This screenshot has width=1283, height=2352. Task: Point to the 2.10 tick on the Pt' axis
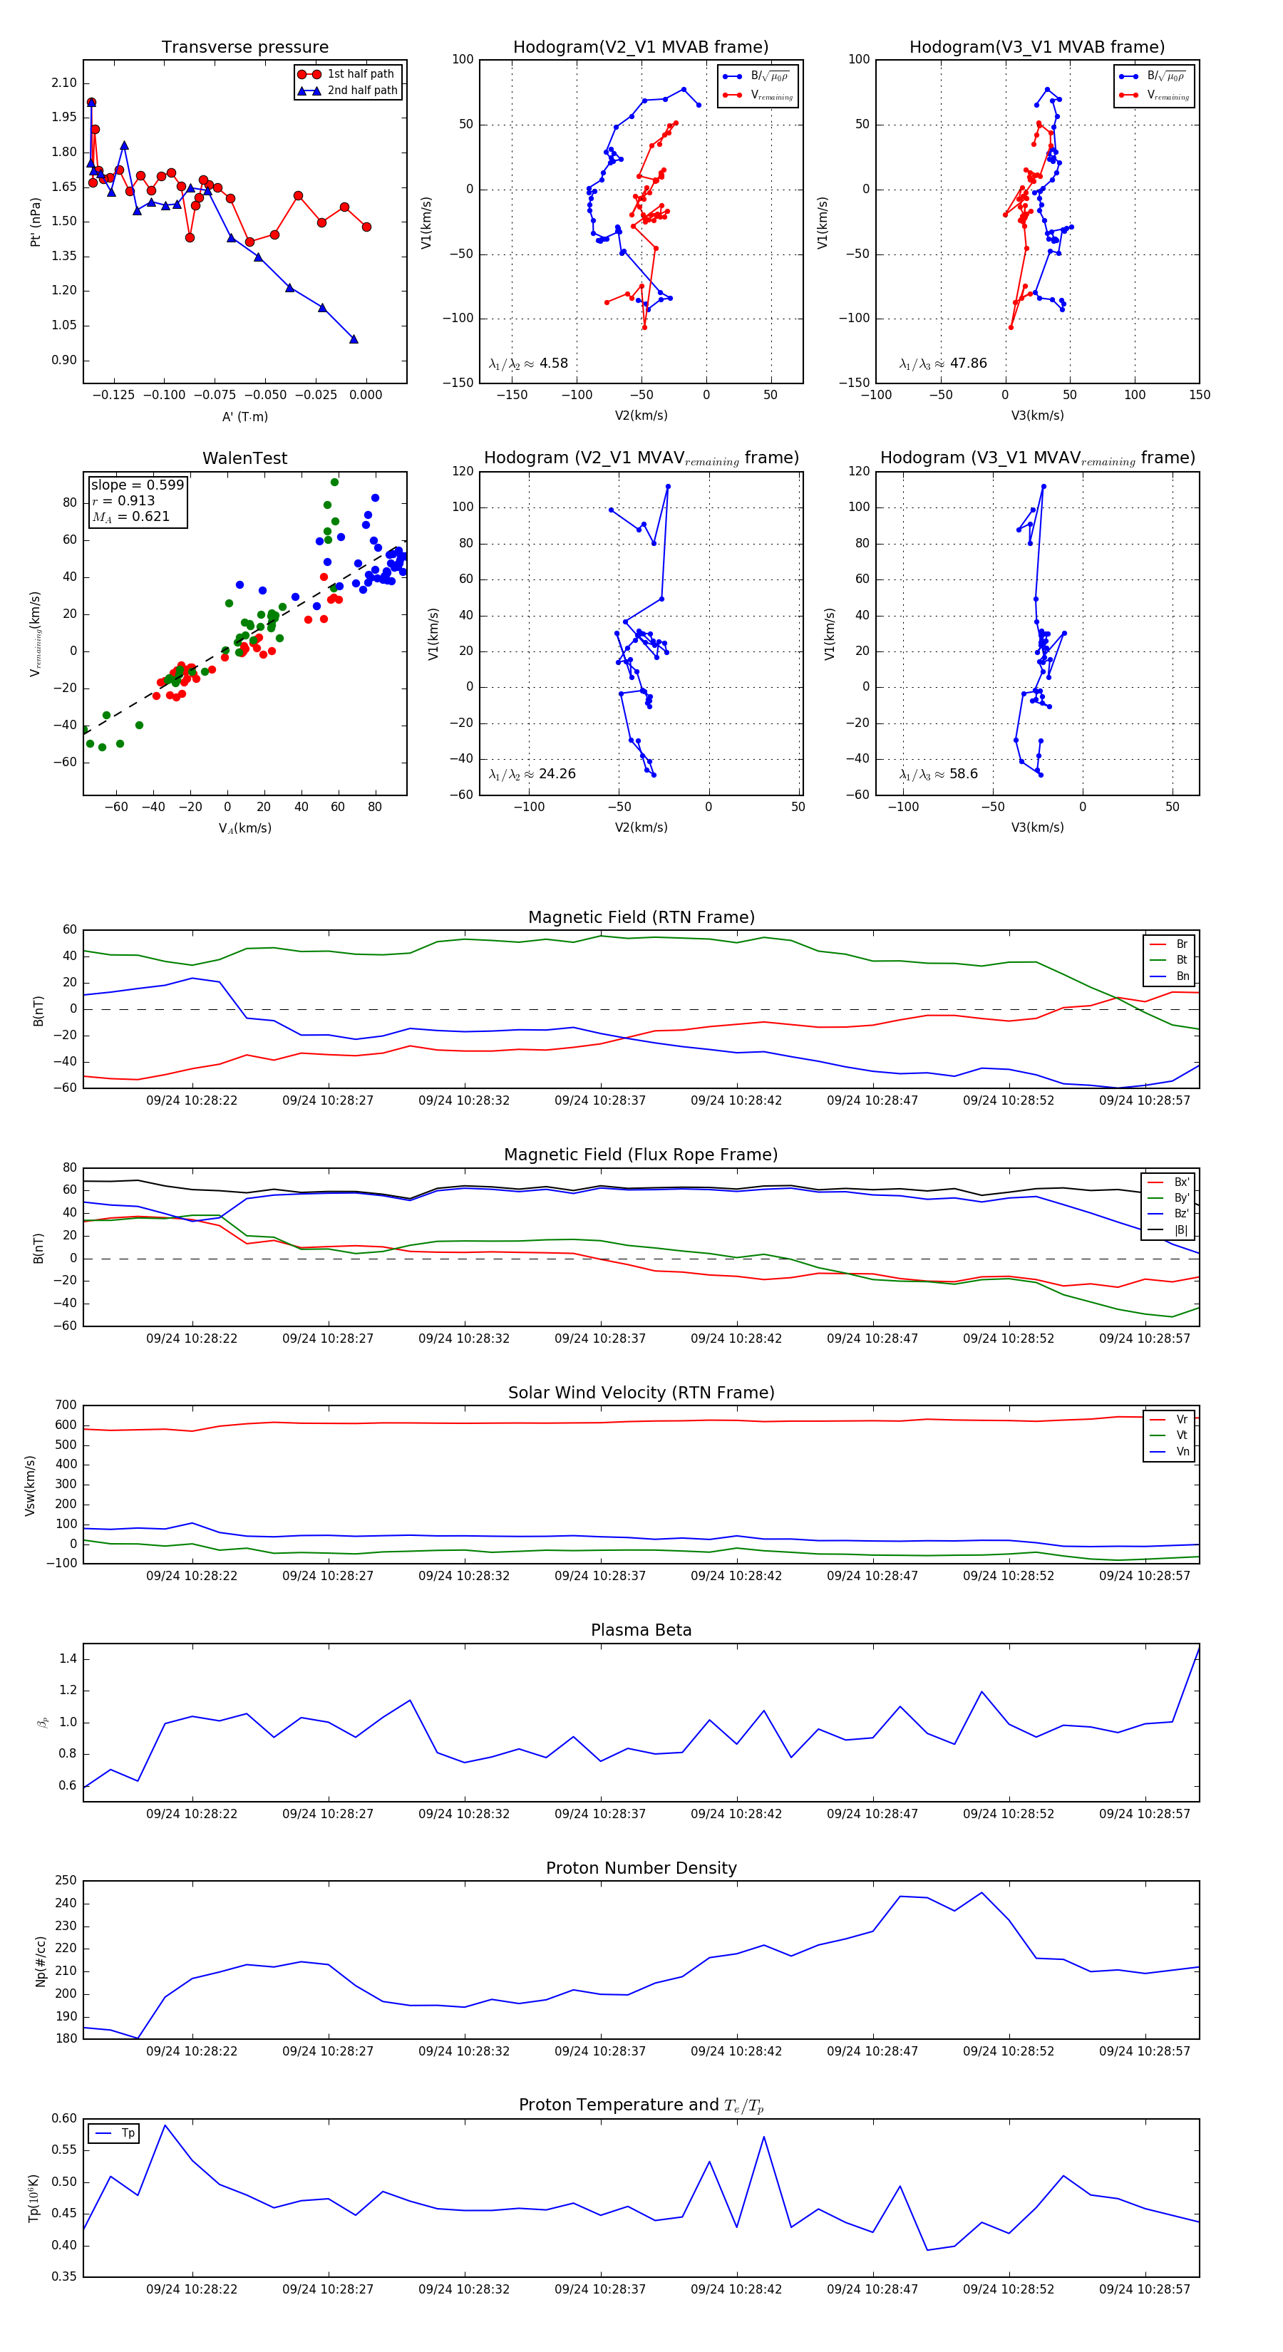(64, 83)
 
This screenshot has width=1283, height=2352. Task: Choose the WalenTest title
(244, 458)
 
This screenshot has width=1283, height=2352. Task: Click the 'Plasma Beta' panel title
(641, 1631)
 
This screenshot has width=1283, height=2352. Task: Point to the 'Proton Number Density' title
(641, 1868)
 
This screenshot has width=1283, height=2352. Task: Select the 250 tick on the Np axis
(66, 1881)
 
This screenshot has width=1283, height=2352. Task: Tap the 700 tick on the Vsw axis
(66, 1405)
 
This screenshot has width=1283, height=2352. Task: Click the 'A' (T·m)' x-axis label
(244, 416)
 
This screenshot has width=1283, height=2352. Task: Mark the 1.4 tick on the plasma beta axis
(68, 1659)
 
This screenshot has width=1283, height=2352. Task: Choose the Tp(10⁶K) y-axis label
(34, 2199)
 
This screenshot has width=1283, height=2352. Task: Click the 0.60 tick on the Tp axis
(64, 2119)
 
